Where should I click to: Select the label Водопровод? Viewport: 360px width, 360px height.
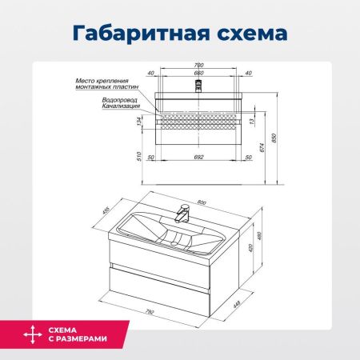coord(122,100)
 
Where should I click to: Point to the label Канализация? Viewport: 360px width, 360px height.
coord(121,106)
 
